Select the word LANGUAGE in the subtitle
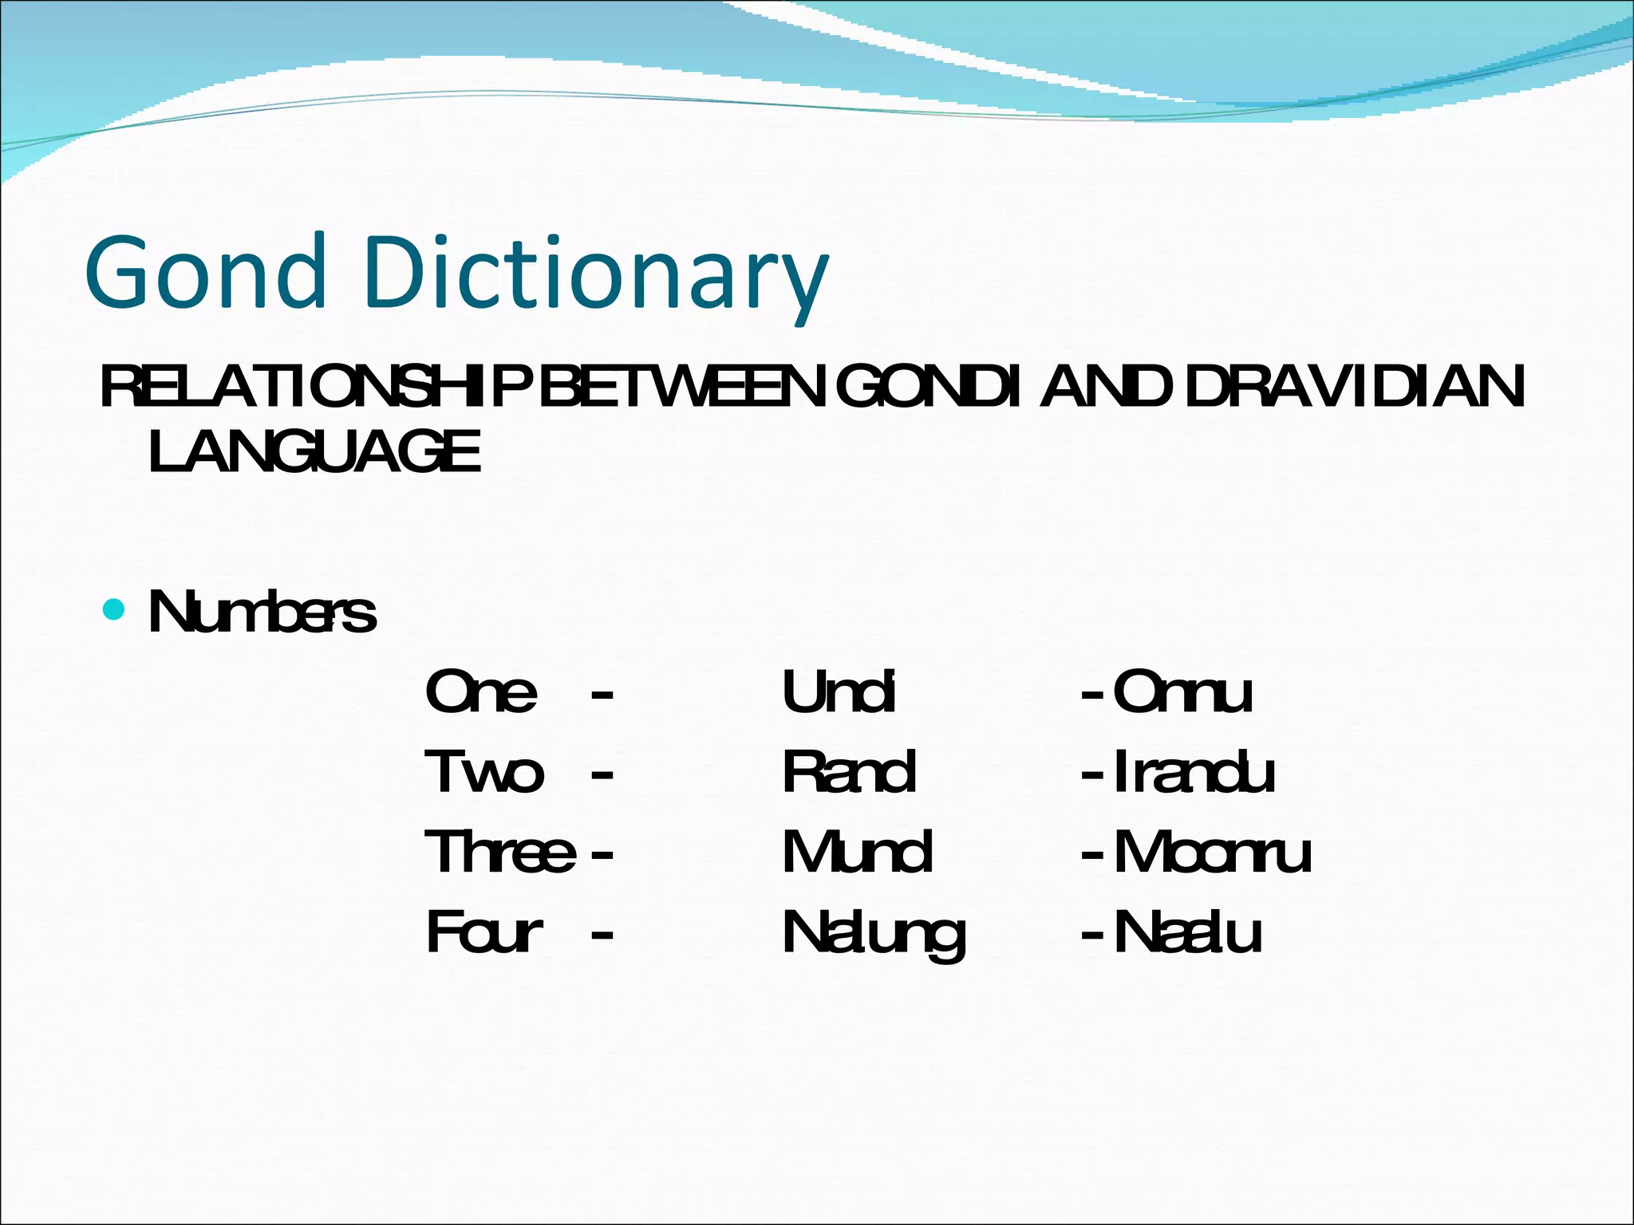314,451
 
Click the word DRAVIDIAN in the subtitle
1355,388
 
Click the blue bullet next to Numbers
115,610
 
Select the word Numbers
262,613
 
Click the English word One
481,691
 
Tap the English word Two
484,772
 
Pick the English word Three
499,852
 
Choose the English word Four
484,932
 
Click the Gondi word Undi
839,691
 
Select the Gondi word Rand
849,772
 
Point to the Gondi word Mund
857,852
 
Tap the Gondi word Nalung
874,935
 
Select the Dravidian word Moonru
1212,852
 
